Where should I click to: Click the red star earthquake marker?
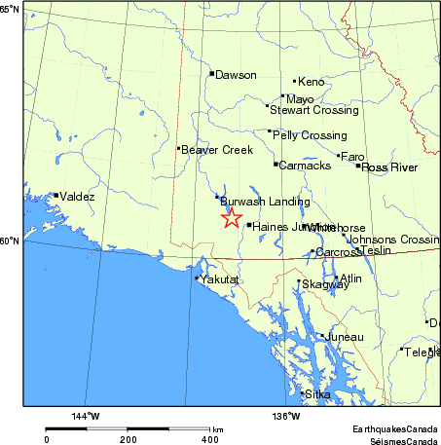(231, 218)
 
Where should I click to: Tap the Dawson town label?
(236, 75)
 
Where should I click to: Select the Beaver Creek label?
(217, 150)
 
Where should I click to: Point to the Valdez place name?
(77, 197)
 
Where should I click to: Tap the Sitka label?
(318, 394)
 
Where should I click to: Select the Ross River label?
(389, 167)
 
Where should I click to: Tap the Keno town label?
(311, 83)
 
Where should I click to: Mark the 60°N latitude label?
(10, 241)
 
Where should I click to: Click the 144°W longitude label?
(86, 417)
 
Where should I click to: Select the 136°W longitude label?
(284, 417)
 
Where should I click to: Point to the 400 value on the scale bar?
(209, 440)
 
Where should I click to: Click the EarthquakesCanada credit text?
(395, 428)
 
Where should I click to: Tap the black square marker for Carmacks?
(276, 164)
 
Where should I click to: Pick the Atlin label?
(350, 278)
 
